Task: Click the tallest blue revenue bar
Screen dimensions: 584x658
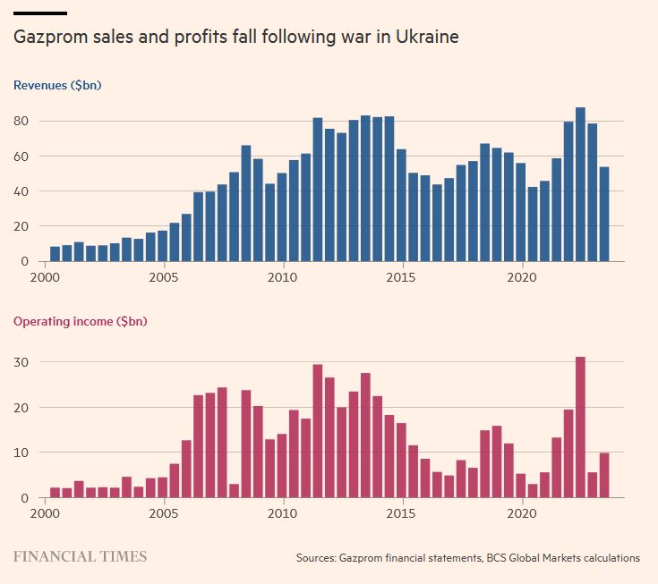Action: coord(580,184)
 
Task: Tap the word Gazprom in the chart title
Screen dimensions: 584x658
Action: coord(47,38)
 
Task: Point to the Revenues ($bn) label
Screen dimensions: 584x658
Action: coord(56,86)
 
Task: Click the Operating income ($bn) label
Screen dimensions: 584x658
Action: coord(80,322)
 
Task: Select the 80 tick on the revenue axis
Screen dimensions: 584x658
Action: coord(21,122)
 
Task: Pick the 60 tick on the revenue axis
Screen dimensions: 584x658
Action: coord(21,157)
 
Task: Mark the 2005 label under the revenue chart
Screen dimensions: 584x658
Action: coord(164,277)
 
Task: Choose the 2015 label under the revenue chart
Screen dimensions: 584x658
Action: coord(402,277)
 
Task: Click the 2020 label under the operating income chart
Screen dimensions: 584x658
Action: coord(521,514)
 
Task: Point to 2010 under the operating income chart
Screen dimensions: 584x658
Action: coord(283,514)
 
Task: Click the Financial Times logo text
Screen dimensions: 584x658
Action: coord(80,556)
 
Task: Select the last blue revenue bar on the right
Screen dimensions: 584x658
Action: coord(604,214)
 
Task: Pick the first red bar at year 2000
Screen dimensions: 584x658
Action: coord(55,492)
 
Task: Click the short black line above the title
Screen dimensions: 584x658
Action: coord(39,13)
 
